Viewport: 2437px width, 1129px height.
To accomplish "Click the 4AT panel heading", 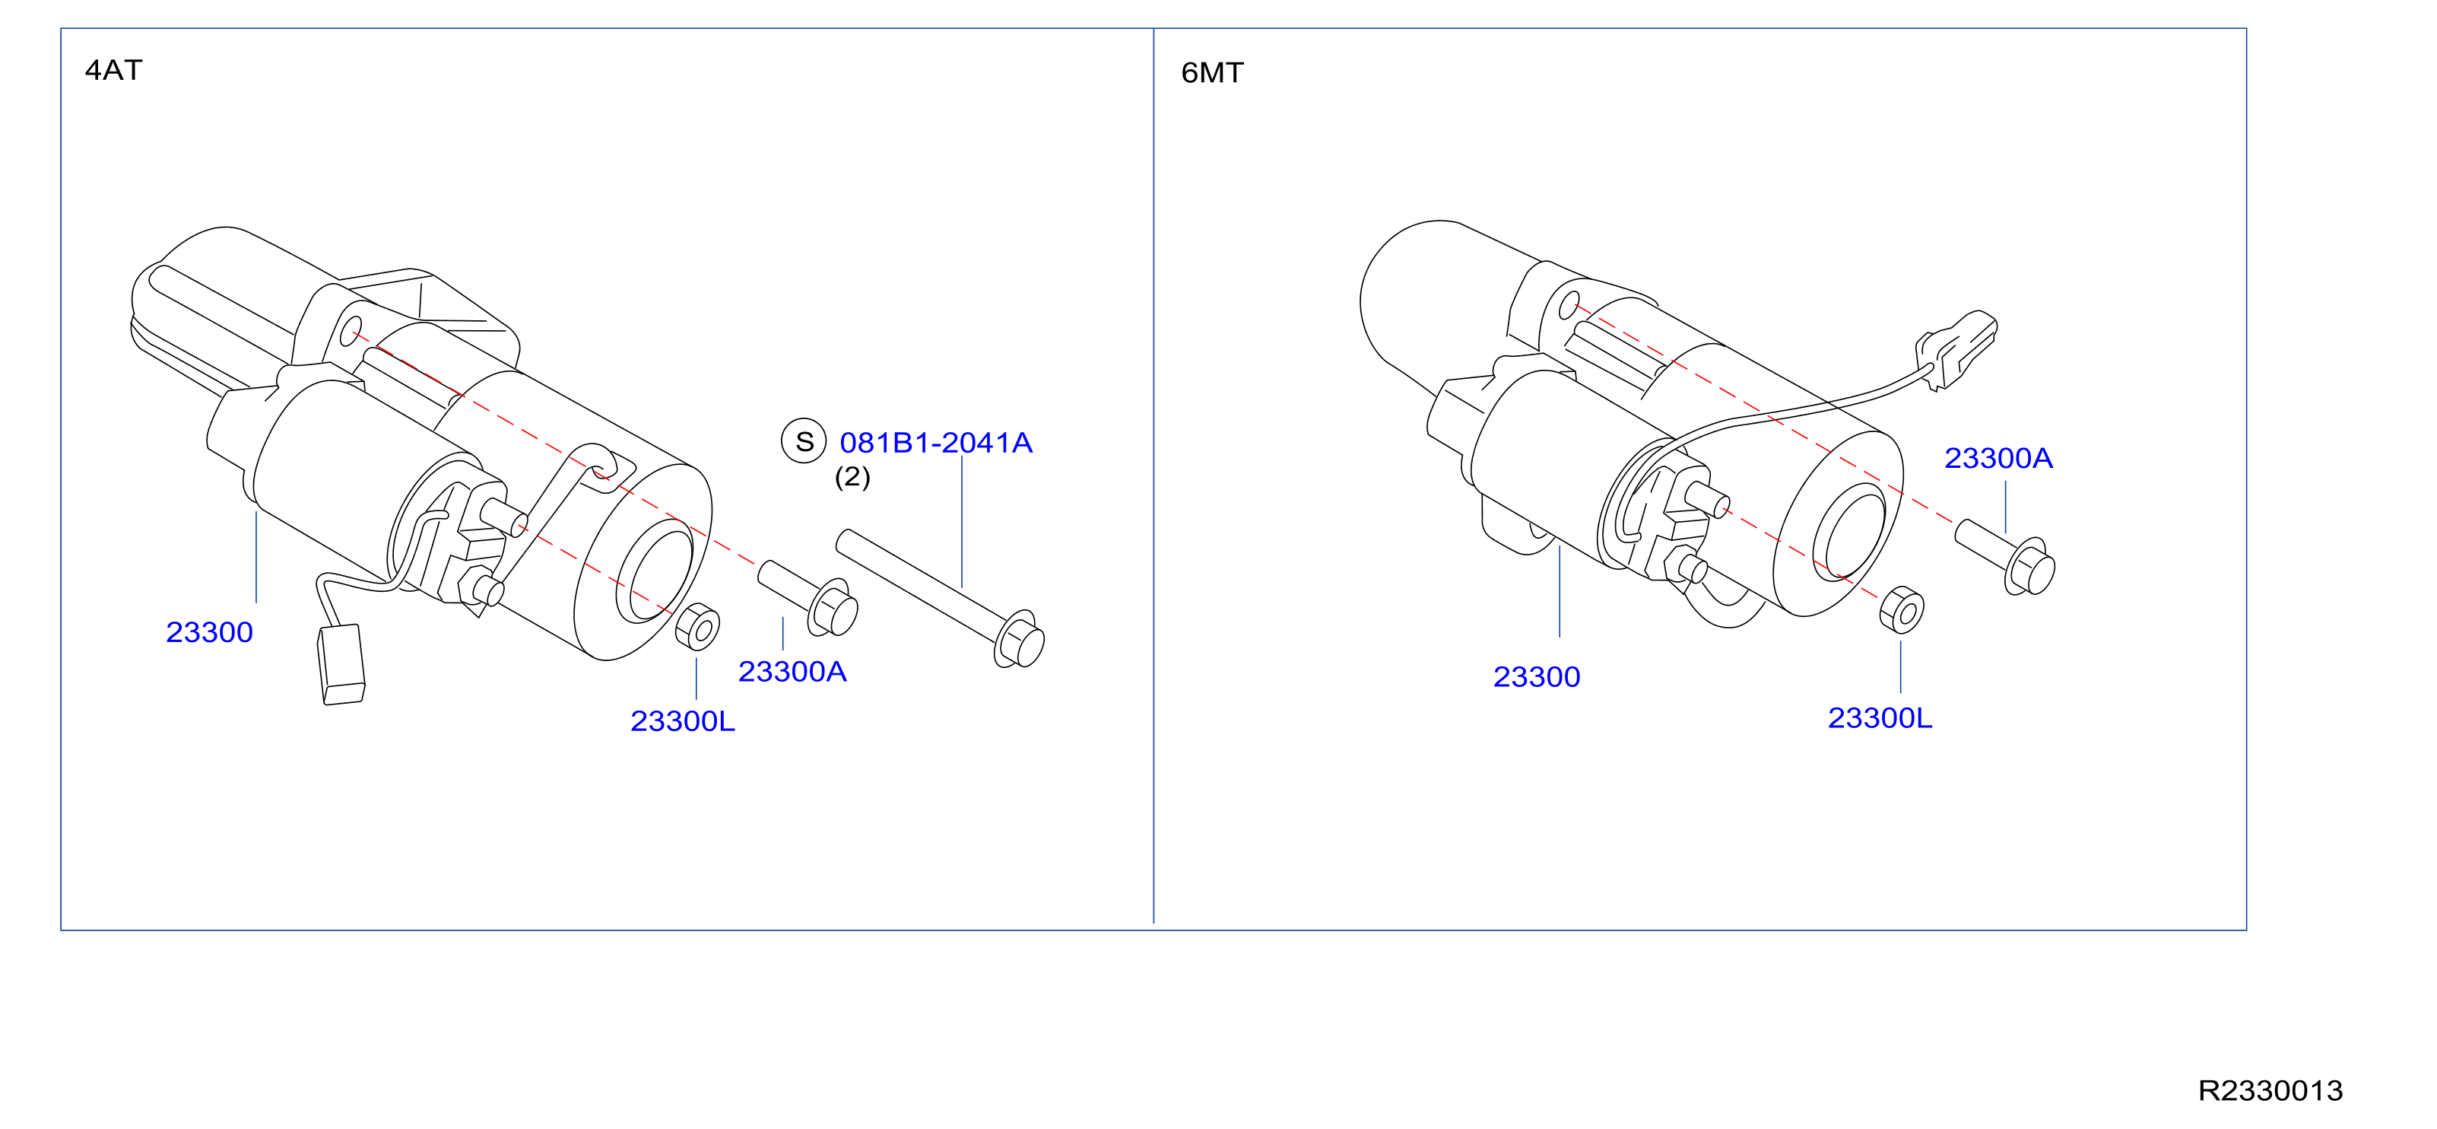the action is (x=113, y=70).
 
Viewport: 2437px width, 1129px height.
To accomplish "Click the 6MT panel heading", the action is (x=1212, y=73).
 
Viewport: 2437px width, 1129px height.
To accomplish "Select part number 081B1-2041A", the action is (x=935, y=443).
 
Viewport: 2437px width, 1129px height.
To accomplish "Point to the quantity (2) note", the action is (x=852, y=476).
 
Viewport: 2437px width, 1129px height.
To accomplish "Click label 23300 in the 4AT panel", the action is (x=209, y=632).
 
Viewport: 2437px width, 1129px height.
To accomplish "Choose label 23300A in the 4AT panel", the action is (x=792, y=672).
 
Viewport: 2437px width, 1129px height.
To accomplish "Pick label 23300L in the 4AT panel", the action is (x=682, y=721).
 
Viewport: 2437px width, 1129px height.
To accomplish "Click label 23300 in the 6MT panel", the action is (x=1537, y=676).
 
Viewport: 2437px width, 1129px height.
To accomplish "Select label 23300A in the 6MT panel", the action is (x=1998, y=458).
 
